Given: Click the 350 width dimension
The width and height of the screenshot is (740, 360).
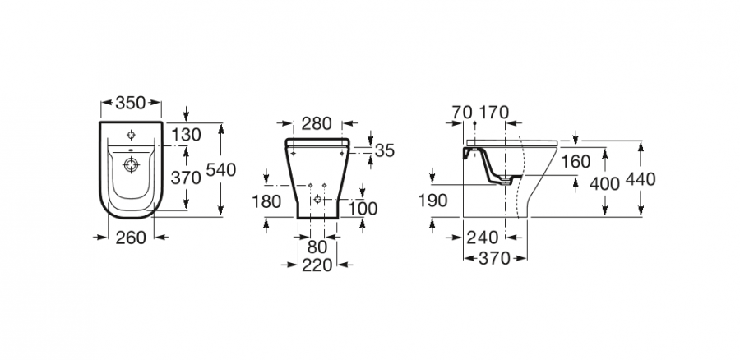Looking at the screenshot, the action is [130, 103].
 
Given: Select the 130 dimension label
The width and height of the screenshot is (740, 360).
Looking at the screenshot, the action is [186, 135].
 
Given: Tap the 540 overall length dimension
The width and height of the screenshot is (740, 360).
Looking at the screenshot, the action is [220, 169].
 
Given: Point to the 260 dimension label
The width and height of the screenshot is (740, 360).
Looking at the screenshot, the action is [131, 238].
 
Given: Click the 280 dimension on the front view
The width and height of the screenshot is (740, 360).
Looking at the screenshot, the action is [317, 123].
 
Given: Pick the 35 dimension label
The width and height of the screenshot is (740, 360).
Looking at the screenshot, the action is [384, 150].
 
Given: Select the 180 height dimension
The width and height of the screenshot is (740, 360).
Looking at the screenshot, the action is [266, 202].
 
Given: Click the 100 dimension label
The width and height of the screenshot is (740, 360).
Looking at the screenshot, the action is [363, 209].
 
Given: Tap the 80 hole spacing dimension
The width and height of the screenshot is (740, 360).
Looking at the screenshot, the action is [317, 247].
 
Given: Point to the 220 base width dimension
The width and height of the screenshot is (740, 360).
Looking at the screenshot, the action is [317, 265].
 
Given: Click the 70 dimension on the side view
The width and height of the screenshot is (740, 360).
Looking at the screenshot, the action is [462, 113].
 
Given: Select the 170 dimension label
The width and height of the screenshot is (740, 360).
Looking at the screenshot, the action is [494, 113].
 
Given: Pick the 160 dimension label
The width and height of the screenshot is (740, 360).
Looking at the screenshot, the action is [576, 162].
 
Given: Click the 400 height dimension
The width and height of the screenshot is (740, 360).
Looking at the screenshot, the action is [604, 184].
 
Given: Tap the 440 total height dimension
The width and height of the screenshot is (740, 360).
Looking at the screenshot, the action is [641, 180].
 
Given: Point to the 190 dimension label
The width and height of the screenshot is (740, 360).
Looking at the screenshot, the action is [432, 201].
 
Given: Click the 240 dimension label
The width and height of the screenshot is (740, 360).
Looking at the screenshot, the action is [483, 238].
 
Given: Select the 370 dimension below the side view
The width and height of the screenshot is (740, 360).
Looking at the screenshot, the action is [495, 259].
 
